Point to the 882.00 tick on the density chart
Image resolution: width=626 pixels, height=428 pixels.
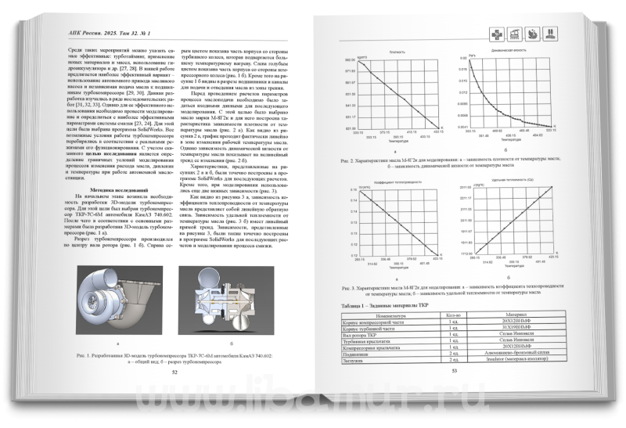pyautogui.click(x=349, y=59)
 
